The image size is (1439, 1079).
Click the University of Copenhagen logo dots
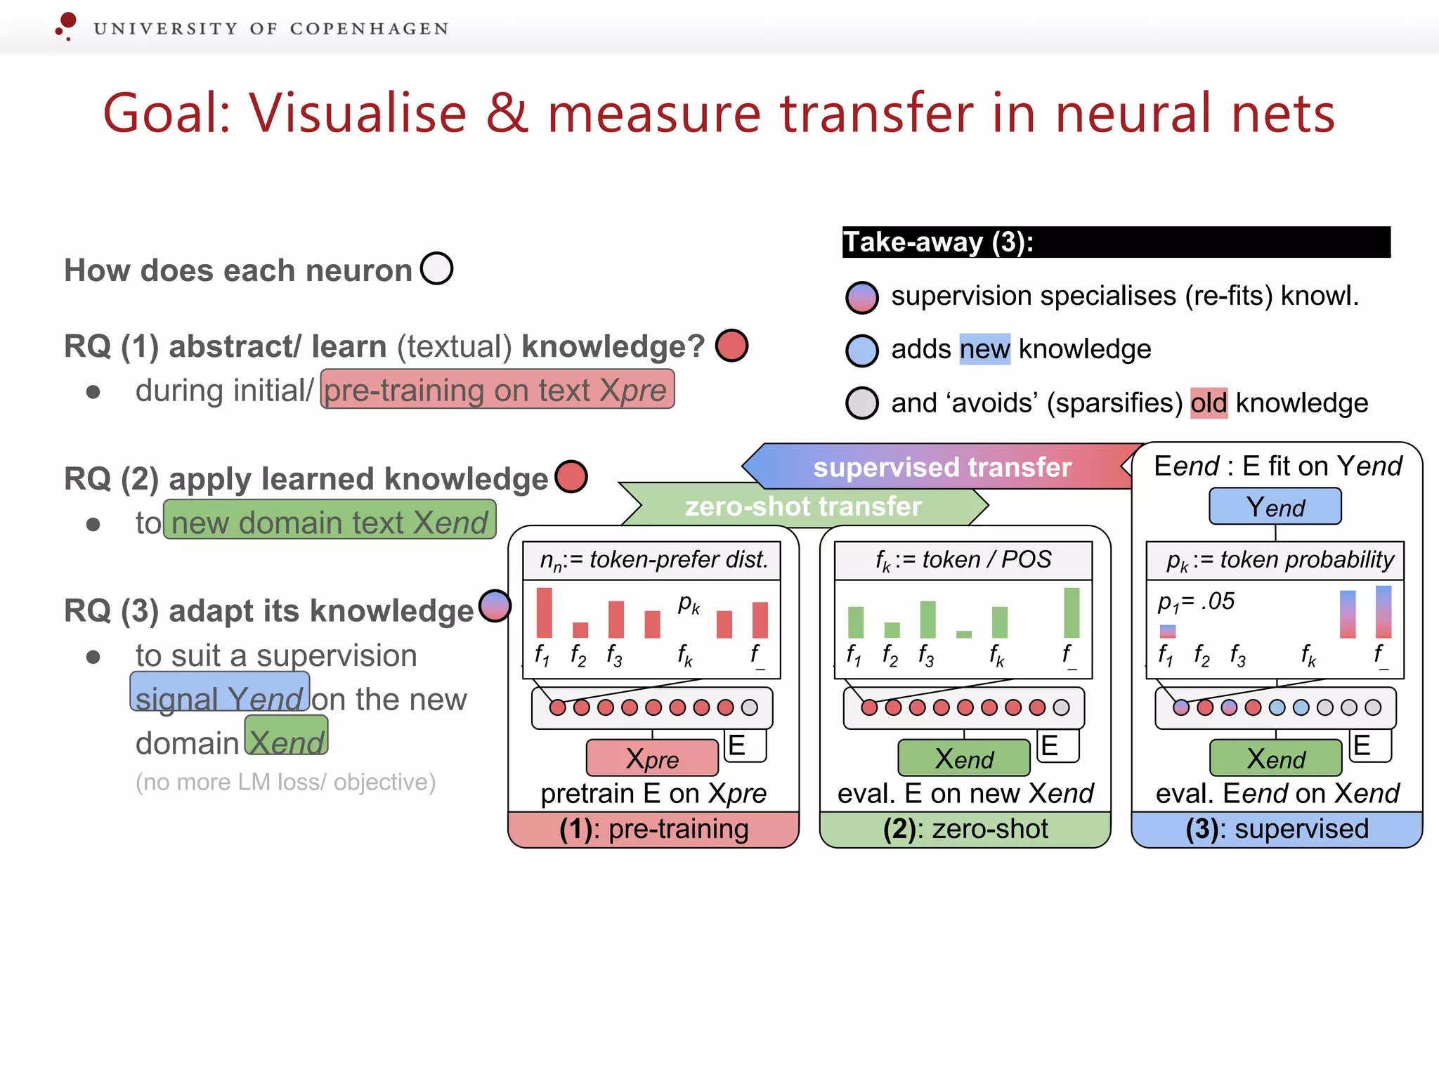(66, 26)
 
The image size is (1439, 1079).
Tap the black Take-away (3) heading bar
(1116, 242)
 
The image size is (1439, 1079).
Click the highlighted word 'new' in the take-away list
(984, 349)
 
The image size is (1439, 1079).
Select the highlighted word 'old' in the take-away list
(1209, 403)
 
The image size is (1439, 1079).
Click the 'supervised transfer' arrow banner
(942, 467)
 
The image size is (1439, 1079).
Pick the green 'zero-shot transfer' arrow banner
(803, 506)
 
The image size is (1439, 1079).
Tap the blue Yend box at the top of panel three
(1275, 506)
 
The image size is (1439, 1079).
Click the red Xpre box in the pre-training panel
(652, 758)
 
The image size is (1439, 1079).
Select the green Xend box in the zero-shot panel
(963, 758)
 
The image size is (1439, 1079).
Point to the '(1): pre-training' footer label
(653, 829)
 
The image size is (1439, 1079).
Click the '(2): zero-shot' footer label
(965, 829)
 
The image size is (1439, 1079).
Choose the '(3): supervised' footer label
(1277, 829)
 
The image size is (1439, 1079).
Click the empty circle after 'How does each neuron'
(436, 268)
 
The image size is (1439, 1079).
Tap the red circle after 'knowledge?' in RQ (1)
(731, 346)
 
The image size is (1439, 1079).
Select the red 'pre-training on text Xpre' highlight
(497, 390)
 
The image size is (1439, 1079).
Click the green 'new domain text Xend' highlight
(330, 521)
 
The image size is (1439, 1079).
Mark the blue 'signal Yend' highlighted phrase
(220, 694)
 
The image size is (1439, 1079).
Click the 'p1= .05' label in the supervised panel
(1196, 602)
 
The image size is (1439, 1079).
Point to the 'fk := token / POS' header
(963, 560)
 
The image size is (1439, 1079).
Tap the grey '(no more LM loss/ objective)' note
(285, 782)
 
